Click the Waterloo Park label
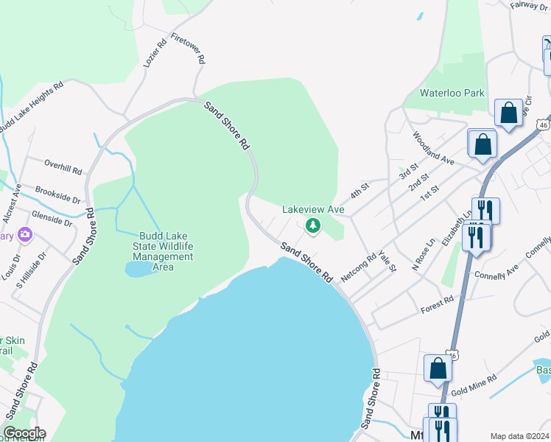point(452,93)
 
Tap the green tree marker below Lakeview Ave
point(313,225)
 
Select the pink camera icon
point(26,235)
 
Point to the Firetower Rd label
point(187,49)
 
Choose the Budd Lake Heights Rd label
point(31,108)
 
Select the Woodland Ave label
point(433,148)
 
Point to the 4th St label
point(359,191)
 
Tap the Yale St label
point(387,262)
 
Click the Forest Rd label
point(438,303)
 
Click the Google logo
point(24,433)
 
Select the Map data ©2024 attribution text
point(519,436)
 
